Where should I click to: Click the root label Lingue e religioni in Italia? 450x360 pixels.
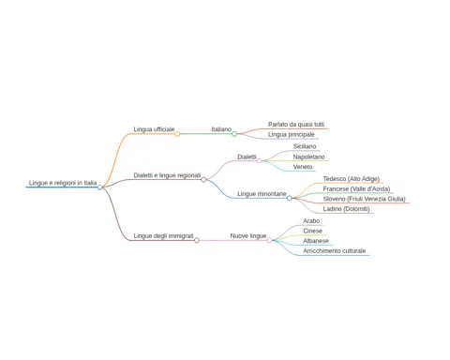[x=63, y=183]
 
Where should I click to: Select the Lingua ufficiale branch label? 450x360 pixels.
[x=154, y=129]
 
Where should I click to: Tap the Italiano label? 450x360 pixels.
[x=221, y=129]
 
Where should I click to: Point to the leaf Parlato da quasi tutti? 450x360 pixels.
[x=296, y=125]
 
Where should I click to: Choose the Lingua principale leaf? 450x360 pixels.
[x=292, y=135]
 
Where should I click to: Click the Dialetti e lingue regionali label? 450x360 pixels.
[x=167, y=175]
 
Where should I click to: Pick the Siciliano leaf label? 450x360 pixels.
[x=305, y=146]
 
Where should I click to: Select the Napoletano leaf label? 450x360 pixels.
[x=308, y=157]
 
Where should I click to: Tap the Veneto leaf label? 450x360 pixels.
[x=303, y=167]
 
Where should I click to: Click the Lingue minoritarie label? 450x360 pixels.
[x=262, y=194]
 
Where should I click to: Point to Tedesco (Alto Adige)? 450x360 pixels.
[x=352, y=179]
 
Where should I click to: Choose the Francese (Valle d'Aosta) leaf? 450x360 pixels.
[x=356, y=189]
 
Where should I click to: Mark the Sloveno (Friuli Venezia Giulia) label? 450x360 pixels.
[x=364, y=199]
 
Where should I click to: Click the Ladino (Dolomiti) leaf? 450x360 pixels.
[x=346, y=209]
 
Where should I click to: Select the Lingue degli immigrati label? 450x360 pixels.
[x=163, y=236]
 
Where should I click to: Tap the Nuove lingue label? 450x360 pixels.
[x=248, y=236]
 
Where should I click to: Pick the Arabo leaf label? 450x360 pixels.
[x=311, y=221]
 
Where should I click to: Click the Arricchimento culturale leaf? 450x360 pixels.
[x=334, y=250]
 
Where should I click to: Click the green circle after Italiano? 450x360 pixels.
[x=234, y=134]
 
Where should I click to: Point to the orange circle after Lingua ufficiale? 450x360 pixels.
[x=177, y=134]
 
